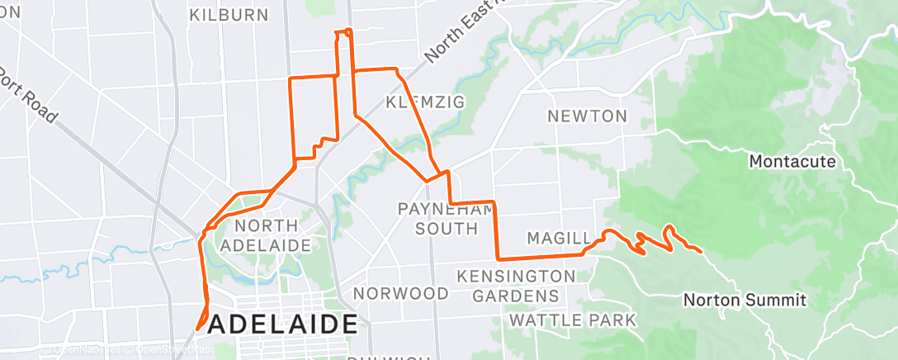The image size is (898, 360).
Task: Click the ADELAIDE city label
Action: [x=283, y=324]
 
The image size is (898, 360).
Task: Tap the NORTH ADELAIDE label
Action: [x=272, y=235]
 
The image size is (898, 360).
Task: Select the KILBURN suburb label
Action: [x=229, y=15]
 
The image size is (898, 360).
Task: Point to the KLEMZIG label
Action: [x=426, y=102]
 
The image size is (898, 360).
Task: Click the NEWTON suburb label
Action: [x=588, y=116]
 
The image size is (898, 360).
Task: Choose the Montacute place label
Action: [x=792, y=161]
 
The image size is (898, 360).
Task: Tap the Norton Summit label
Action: [x=744, y=300]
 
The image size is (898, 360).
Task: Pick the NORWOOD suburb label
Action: [x=401, y=293]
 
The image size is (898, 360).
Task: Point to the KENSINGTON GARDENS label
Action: [x=516, y=285]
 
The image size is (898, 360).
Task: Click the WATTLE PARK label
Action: [x=573, y=320]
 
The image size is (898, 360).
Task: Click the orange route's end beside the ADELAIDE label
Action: [x=198, y=328]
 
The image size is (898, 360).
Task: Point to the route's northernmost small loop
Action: [x=343, y=33]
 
